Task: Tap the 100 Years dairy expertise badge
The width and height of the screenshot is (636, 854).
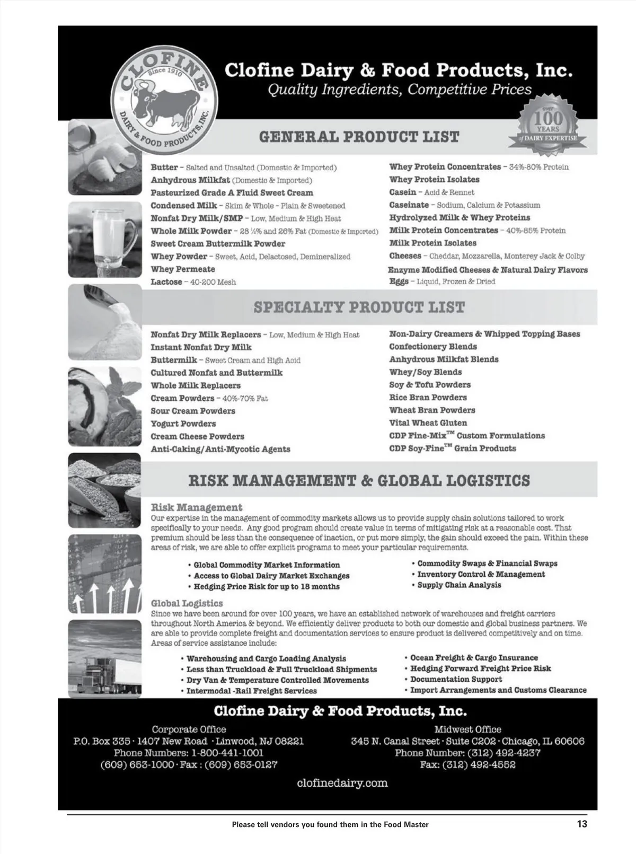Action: point(548,124)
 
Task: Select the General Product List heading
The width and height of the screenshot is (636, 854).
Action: point(359,137)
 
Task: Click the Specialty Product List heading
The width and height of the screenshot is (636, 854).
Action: point(359,307)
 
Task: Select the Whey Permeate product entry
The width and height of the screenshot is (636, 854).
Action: point(182,269)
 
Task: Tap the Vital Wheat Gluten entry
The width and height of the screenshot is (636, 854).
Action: point(428,423)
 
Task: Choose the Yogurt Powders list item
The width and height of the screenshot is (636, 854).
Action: point(183,424)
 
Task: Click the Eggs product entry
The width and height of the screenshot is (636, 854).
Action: point(399,281)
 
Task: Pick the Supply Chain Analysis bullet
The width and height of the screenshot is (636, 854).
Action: point(459,585)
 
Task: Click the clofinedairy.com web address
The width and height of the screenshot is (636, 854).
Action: point(342,783)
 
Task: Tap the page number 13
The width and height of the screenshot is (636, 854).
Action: point(582,824)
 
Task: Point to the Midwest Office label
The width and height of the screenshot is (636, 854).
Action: point(467,729)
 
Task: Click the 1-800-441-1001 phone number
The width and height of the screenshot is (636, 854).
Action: point(227,753)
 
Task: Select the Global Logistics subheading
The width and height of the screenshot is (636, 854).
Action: point(187,603)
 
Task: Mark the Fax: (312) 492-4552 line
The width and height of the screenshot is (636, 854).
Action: point(467,764)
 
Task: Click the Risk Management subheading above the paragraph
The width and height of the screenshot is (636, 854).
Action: point(196,507)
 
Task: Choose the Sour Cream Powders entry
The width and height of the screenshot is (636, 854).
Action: point(192,411)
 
